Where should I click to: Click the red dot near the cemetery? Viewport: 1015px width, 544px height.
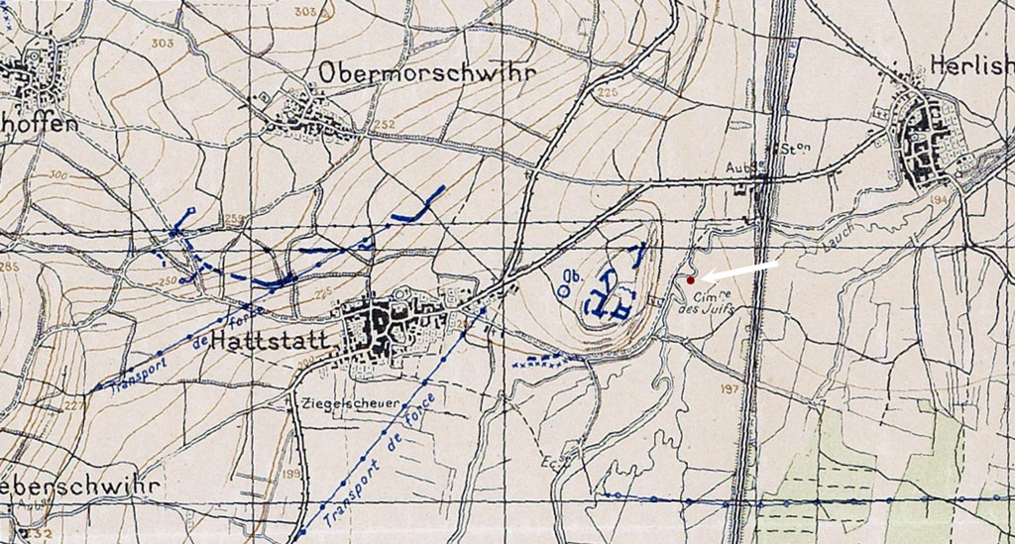690,280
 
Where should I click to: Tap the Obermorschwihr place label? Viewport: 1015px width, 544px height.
427,73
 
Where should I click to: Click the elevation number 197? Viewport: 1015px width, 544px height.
732,388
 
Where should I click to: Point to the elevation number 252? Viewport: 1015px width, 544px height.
384,124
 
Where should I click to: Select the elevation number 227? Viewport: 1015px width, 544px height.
73,405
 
